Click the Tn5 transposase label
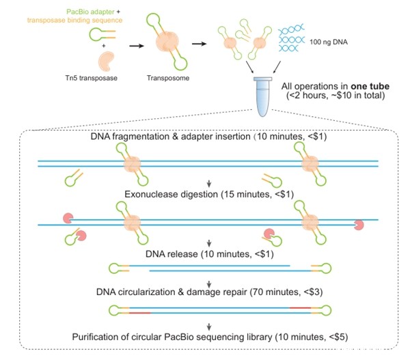[x=92, y=78]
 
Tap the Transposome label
[x=168, y=78]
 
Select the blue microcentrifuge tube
[x=262, y=96]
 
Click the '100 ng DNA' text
[x=329, y=42]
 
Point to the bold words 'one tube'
[x=370, y=86]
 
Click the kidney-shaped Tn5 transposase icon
[x=106, y=61]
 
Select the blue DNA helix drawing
[x=291, y=38]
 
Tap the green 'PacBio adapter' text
[x=90, y=12]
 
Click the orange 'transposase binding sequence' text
[x=74, y=20]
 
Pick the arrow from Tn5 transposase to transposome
[x=137, y=46]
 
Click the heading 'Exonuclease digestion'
[x=172, y=194]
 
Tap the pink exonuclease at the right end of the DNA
[x=359, y=225]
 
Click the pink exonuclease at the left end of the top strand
[x=68, y=219]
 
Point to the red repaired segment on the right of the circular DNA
[x=300, y=308]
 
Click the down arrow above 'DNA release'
[x=209, y=243]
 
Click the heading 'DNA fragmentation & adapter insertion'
[x=170, y=137]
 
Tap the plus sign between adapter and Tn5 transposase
[x=104, y=46]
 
